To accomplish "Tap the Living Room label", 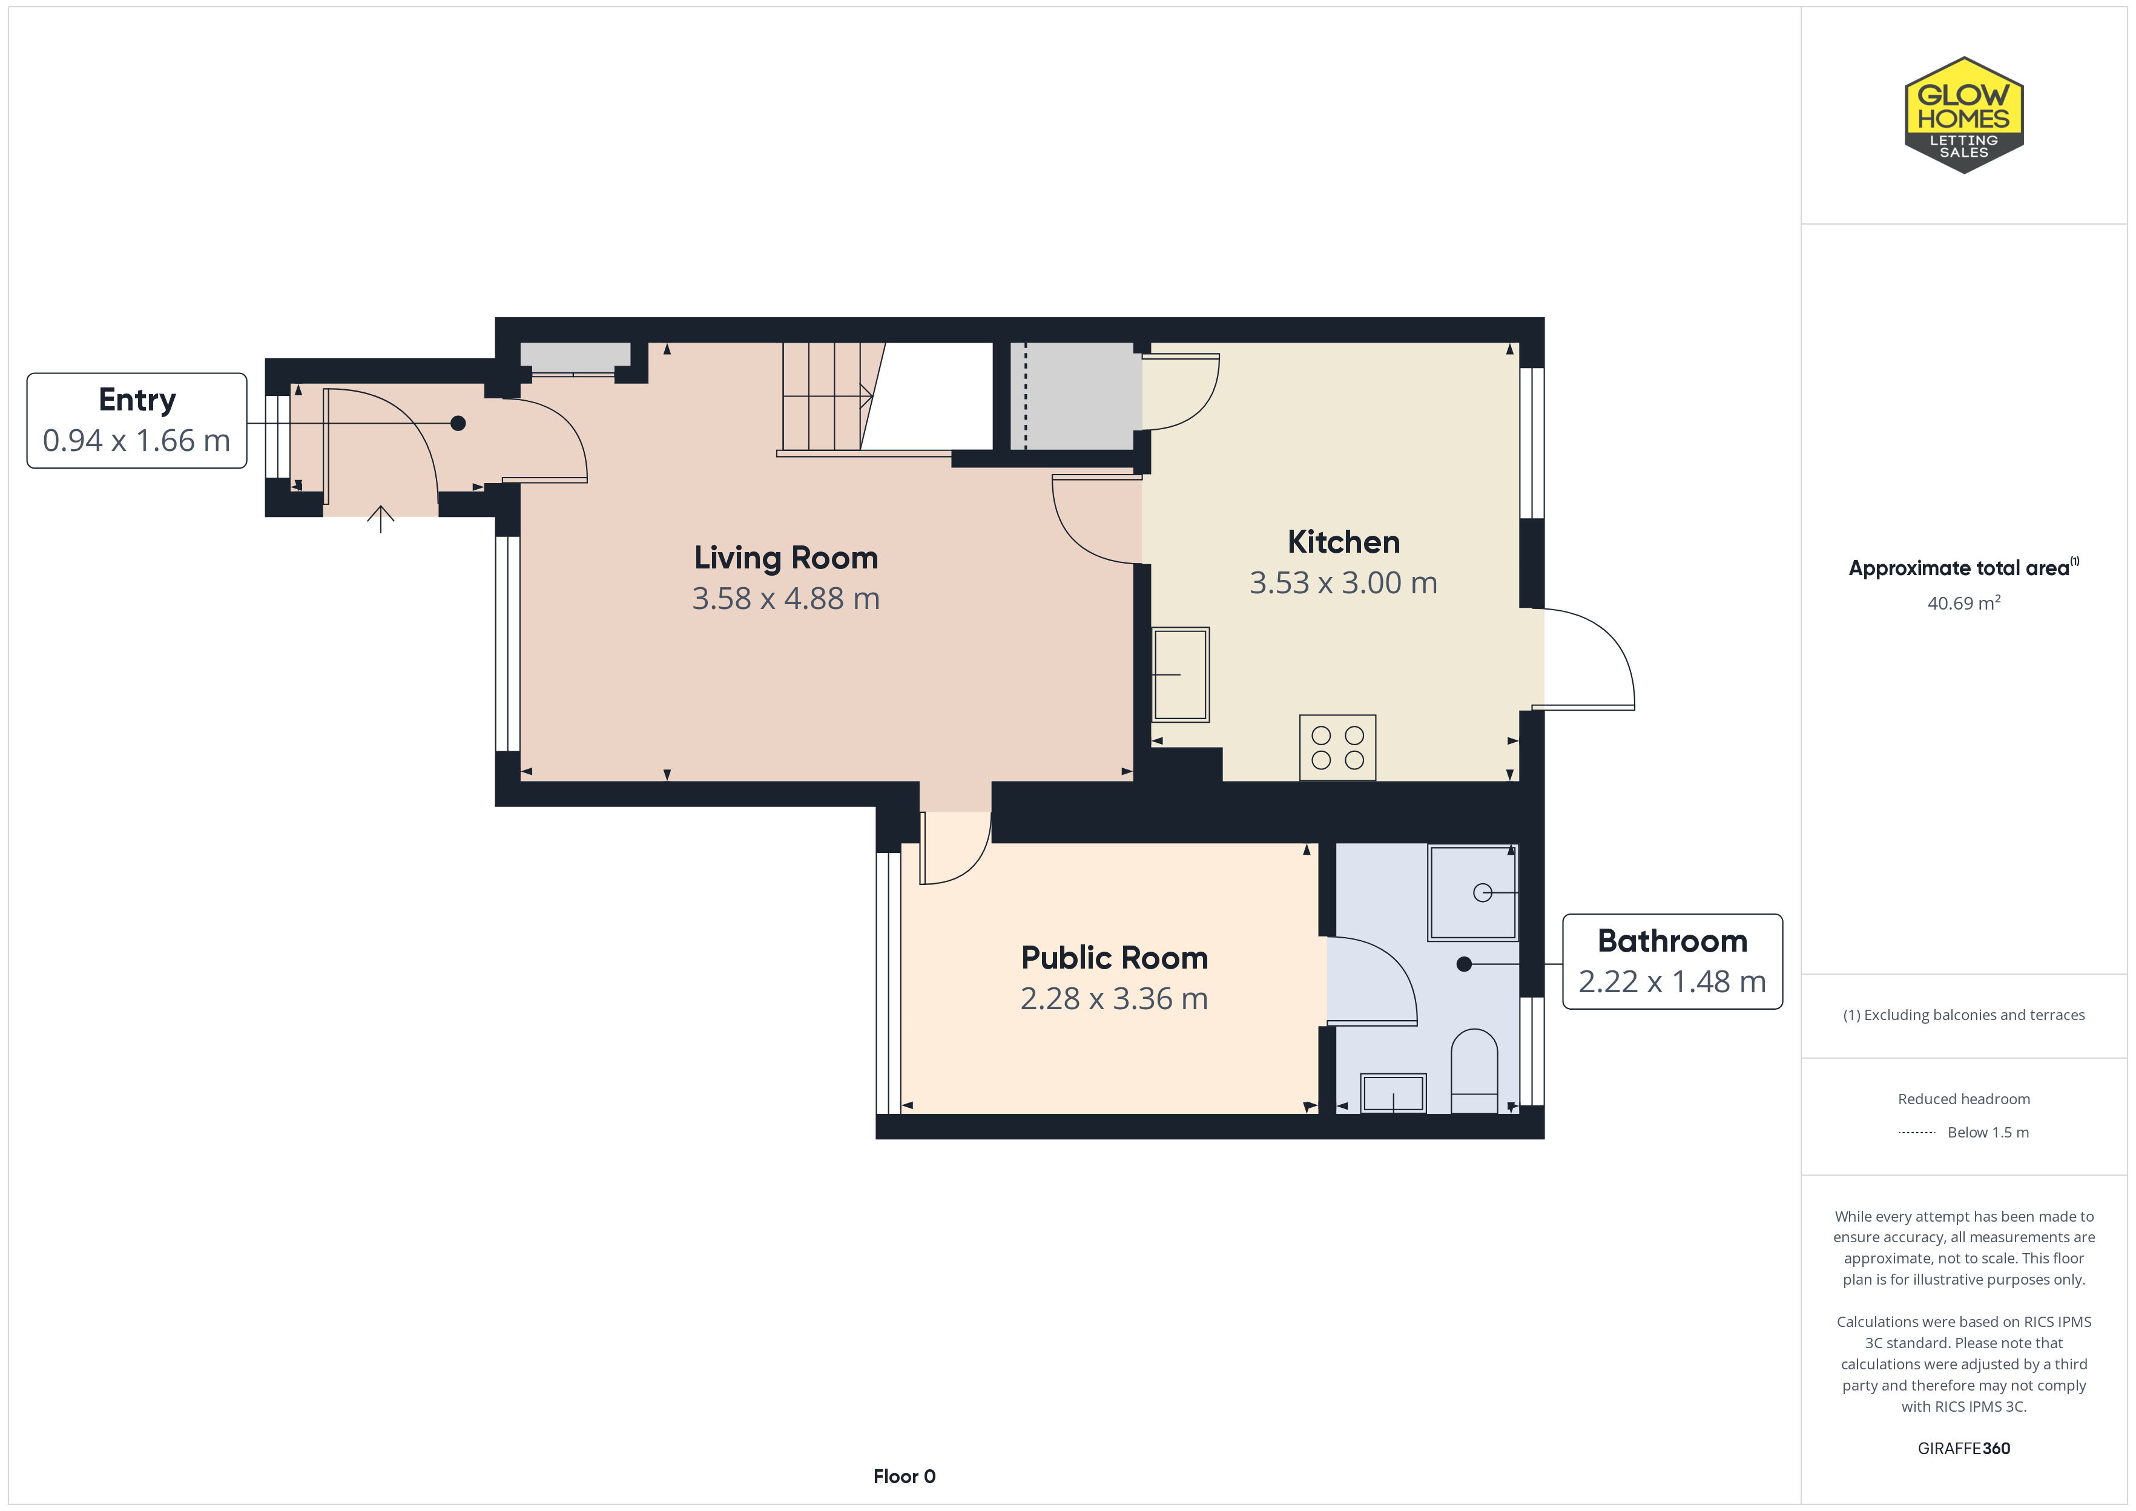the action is [786, 558].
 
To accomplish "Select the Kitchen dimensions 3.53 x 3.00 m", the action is [1343, 582].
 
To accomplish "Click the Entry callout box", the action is [137, 421].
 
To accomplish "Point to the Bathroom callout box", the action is [1672, 961].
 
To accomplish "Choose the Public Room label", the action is [1115, 958].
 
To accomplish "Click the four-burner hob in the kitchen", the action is [1338, 747].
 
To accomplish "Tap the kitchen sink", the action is [1181, 674].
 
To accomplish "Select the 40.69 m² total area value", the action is [1964, 603].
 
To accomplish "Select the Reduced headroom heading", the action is [1964, 1099].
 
